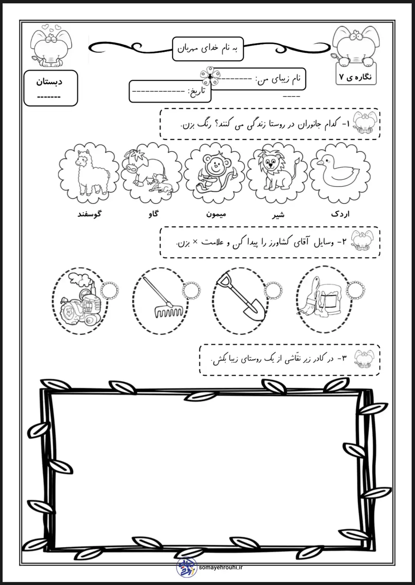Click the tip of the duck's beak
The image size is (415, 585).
click(317, 163)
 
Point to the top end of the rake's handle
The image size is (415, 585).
click(144, 278)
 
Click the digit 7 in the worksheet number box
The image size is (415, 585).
click(341, 77)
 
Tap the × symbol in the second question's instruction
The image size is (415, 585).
click(195, 242)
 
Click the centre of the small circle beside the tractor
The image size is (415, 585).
click(109, 291)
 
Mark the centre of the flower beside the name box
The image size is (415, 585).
click(210, 76)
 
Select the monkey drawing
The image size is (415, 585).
click(215, 173)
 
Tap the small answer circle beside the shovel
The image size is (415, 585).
click(273, 291)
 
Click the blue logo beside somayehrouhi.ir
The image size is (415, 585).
click(186, 567)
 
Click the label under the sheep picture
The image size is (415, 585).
click(89, 214)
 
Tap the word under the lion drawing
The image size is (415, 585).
click(278, 215)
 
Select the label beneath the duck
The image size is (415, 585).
click(340, 214)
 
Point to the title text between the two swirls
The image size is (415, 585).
click(208, 49)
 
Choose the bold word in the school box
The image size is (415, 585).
click(49, 82)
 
